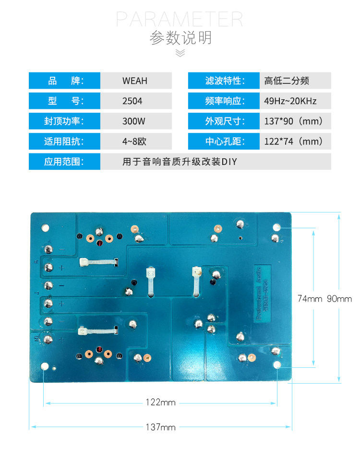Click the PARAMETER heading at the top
point(180,19)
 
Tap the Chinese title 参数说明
point(180,37)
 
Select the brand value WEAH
point(135,81)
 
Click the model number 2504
point(132,101)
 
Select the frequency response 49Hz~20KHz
point(290,101)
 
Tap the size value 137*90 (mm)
point(293,121)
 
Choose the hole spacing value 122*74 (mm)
point(293,141)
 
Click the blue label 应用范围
point(64,162)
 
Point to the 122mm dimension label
point(160,402)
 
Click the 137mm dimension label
point(160,427)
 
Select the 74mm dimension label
point(310,299)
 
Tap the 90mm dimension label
point(339,299)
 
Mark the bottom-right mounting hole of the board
point(277,366)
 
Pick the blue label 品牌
point(64,81)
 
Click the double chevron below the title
point(180,53)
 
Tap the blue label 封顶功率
point(64,121)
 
